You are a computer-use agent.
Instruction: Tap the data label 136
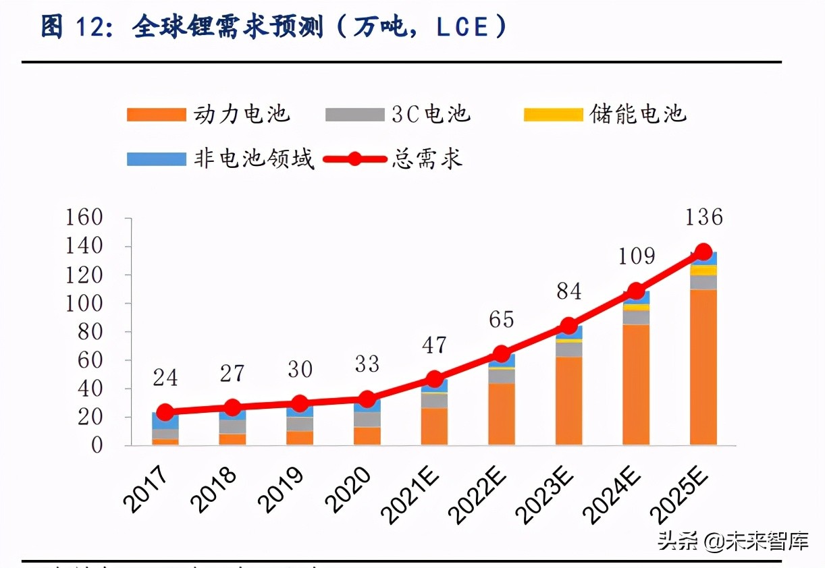coord(703,217)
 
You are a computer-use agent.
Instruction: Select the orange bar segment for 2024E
coord(636,385)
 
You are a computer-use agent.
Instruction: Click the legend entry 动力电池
coord(209,114)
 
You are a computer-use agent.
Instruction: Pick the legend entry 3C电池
coord(398,114)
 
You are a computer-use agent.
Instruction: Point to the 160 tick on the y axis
coord(83,218)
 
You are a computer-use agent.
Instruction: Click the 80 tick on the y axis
coord(89,332)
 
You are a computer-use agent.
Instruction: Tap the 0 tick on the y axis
coord(97,445)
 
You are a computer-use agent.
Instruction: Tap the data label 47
coord(434,345)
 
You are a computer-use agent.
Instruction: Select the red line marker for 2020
coord(367,399)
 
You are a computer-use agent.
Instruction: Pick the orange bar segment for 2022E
coord(502,414)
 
